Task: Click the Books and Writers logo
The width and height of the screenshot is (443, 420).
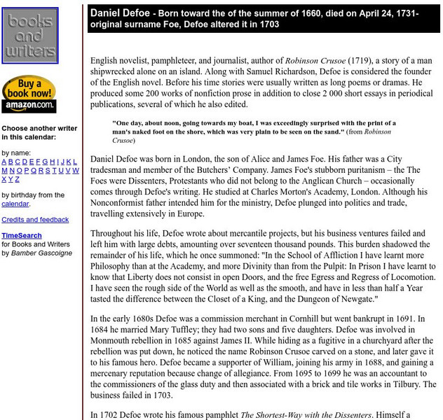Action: click(30, 36)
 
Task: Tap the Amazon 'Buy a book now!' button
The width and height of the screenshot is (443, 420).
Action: click(29, 94)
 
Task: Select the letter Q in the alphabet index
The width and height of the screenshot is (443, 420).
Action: click(40, 170)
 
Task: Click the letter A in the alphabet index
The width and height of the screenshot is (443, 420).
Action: click(4, 161)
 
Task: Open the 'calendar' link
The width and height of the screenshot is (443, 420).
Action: click(15, 204)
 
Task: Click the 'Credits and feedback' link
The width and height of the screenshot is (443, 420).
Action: click(35, 220)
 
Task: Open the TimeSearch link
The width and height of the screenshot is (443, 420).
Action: click(21, 236)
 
